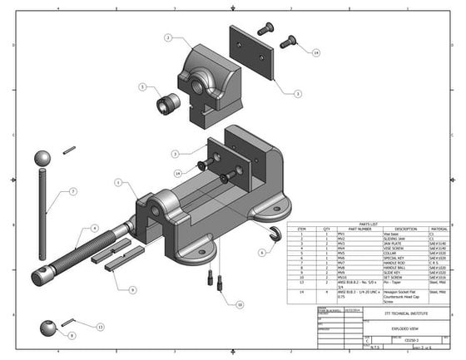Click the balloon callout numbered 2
(x=167, y=38)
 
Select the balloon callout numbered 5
(x=142, y=86)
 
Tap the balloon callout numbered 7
(x=72, y=191)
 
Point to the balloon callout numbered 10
(x=240, y=305)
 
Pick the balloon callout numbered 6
(x=261, y=252)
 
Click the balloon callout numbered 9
(x=132, y=289)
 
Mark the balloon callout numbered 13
(x=100, y=327)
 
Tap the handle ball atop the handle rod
(x=42, y=158)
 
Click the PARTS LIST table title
(x=369, y=223)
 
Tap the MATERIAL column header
(x=439, y=229)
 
